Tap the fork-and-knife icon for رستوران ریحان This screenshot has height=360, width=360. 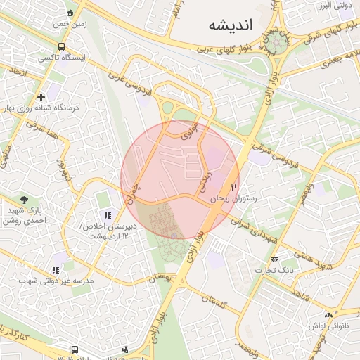click(234, 188)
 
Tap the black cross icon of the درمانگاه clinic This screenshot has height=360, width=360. click(41, 97)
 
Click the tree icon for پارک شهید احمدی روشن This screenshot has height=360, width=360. click(25, 200)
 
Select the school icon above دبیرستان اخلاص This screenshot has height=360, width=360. click(107, 216)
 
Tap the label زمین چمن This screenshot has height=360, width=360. click(69, 23)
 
